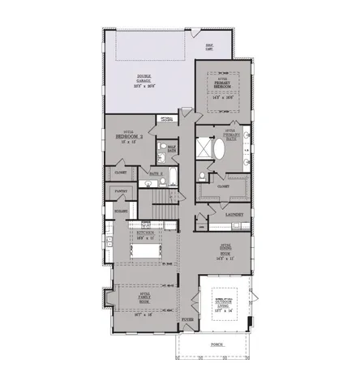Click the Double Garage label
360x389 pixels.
tap(148, 79)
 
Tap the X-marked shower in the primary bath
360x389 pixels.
tap(200, 147)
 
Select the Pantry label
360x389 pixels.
tap(121, 192)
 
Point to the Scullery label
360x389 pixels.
tap(119, 210)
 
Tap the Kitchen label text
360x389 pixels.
tap(146, 233)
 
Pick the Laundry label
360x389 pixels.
tap(235, 214)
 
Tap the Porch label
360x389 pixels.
tap(216, 344)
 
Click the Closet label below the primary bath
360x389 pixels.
tap(222, 186)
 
